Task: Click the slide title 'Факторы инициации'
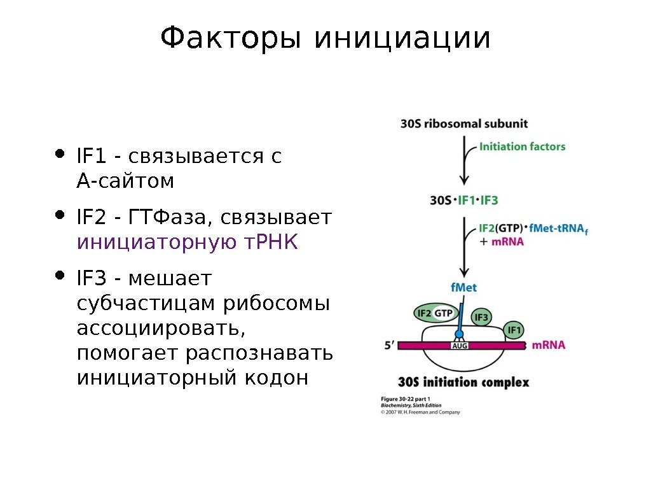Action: click(325, 39)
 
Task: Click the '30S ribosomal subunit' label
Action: click(464, 124)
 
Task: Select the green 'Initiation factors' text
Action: click(522, 146)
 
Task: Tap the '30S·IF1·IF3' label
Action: click(464, 200)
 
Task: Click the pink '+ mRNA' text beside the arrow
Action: click(502, 242)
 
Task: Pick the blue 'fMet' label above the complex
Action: click(463, 288)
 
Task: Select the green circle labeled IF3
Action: click(481, 317)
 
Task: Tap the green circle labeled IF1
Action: click(514, 330)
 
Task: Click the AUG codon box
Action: click(459, 346)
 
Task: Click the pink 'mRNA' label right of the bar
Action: click(548, 345)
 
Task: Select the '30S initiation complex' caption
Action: click(463, 383)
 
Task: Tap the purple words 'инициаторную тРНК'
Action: click(187, 243)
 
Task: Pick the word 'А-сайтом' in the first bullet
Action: click(125, 181)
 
